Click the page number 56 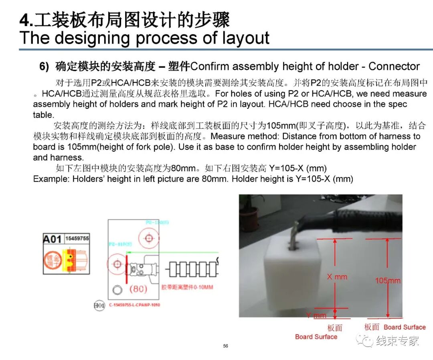point(225,346)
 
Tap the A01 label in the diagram point(52,239)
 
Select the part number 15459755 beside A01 point(77,238)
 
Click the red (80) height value point(138,289)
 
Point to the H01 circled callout point(99,306)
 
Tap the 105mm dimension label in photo point(388,281)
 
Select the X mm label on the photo point(337,277)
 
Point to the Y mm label point(316,315)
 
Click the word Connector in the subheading point(394,66)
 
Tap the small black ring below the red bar point(117,290)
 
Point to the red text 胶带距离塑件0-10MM point(187,287)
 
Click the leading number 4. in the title point(27,20)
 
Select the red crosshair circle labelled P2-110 point(117,264)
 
